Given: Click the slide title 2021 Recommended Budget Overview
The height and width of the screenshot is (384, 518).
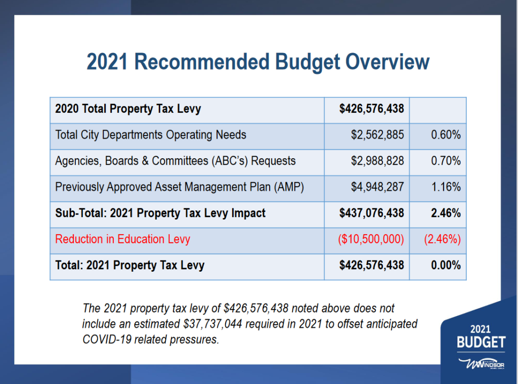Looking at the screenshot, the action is click(257, 62).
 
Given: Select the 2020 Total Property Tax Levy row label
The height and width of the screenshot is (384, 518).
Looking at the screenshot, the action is click(128, 109).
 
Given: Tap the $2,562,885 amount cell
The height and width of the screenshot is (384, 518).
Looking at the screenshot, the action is click(377, 135).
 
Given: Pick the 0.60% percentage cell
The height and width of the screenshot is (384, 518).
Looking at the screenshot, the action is click(446, 135).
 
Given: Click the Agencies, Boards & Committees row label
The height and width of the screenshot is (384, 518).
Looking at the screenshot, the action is click(175, 161).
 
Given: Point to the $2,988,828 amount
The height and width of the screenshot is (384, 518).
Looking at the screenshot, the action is click(377, 161).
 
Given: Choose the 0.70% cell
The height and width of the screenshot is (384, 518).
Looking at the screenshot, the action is click(446, 161).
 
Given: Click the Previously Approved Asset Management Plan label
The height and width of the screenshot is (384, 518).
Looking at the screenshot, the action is click(180, 187).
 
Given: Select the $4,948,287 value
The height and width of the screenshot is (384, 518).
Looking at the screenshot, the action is click(377, 187).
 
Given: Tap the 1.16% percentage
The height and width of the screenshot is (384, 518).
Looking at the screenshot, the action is click(446, 187).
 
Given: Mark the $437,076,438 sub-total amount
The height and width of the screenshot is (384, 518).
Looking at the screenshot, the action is click(372, 213).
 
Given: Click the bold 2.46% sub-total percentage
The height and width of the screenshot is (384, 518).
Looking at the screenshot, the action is click(446, 213).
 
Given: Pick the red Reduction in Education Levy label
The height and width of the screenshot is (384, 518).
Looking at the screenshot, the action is click(122, 239).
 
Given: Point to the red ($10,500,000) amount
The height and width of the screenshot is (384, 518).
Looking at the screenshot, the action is click(371, 239).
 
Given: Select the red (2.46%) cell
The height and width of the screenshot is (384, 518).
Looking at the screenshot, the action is click(442, 239).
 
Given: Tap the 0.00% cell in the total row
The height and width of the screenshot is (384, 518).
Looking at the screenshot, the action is click(446, 266).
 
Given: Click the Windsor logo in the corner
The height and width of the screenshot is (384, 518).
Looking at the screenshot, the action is click(481, 364).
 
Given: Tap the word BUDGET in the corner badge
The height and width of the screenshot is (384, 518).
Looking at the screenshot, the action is click(481, 343).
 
